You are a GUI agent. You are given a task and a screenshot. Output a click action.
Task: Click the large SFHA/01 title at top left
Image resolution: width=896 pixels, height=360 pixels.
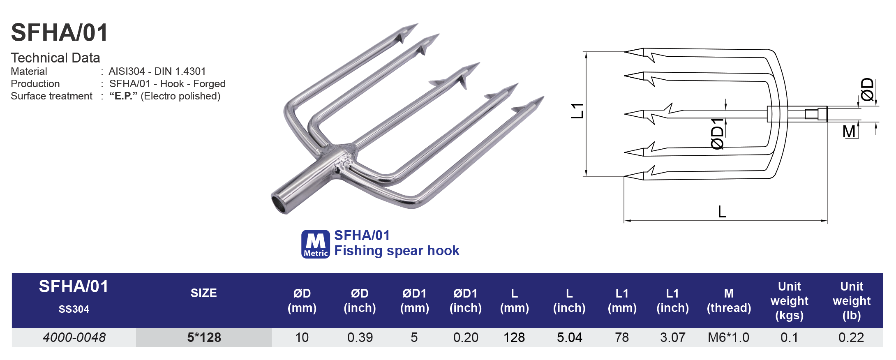pos(60,33)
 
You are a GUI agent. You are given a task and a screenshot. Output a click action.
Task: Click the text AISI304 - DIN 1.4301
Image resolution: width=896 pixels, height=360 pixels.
pos(157,72)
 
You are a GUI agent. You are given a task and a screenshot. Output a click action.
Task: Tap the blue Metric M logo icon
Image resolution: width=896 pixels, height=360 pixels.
pos(315,244)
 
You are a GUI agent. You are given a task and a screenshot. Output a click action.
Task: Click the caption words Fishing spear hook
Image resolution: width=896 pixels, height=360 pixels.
pos(396,251)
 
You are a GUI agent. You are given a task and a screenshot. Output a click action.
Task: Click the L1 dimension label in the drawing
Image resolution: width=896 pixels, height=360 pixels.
pos(577,111)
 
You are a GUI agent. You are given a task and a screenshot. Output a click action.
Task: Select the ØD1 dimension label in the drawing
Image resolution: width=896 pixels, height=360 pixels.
pos(717,134)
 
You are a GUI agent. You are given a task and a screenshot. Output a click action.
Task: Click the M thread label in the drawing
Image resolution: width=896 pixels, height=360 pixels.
pos(849,132)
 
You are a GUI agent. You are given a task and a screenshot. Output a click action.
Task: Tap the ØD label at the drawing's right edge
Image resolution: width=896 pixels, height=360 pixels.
pos(867,90)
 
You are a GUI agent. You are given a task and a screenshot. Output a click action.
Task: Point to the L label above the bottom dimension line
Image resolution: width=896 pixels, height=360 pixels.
pos(722,212)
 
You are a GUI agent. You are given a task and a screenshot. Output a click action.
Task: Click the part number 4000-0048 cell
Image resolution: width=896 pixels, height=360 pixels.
pos(74,337)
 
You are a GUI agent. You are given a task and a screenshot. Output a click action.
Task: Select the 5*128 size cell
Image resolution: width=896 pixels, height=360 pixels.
pos(204,337)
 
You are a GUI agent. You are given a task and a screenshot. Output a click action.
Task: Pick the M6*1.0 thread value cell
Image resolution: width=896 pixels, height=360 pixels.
pos(728,337)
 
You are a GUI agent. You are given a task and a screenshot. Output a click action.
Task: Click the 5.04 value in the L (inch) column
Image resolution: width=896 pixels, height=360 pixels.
pos(569,337)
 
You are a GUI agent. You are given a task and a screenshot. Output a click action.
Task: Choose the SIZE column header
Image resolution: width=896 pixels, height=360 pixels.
pos(203,293)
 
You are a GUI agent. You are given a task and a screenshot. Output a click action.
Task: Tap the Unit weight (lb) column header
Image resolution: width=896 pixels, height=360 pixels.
pos(852,301)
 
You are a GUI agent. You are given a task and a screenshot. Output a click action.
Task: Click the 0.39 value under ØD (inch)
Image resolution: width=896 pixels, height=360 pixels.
pos(360,337)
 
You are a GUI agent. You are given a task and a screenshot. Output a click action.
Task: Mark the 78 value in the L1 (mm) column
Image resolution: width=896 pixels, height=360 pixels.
pos(622,337)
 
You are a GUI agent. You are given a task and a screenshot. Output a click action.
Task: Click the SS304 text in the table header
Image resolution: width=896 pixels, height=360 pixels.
pos(74,309)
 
